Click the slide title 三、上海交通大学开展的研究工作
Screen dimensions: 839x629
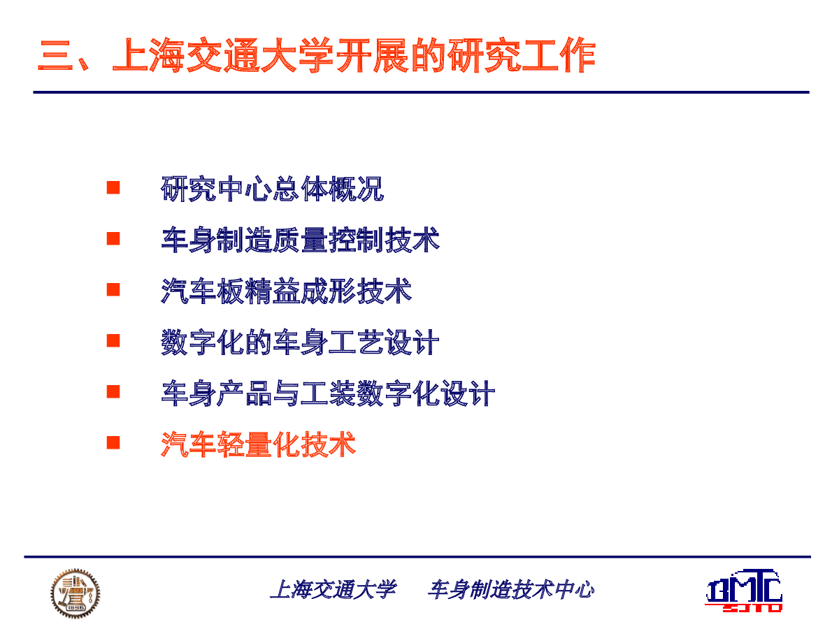[317, 55]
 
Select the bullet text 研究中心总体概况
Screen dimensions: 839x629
[273, 189]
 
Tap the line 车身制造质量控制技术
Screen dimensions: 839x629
[301, 240]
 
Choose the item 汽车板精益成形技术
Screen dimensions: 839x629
[286, 291]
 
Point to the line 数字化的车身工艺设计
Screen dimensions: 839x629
[300, 342]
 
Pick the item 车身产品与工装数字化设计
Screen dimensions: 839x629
[329, 393]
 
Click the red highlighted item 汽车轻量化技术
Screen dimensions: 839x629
[259, 444]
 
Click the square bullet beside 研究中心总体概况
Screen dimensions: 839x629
[113, 187]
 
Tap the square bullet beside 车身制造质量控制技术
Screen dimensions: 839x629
[113, 239]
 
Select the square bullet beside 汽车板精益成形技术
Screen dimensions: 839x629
[113, 289]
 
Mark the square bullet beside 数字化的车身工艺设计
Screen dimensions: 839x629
[113, 340]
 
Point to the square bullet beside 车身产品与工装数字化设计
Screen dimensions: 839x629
[113, 391]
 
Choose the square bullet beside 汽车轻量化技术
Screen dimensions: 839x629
[113, 442]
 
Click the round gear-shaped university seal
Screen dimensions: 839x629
[76, 593]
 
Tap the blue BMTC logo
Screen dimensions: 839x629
[744, 586]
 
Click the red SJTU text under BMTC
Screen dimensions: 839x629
[752, 608]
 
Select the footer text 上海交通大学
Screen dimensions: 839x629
[333, 590]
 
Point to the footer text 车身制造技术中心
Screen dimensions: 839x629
[510, 590]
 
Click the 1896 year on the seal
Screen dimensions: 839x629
[76, 607]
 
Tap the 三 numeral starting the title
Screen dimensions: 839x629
[55, 55]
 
